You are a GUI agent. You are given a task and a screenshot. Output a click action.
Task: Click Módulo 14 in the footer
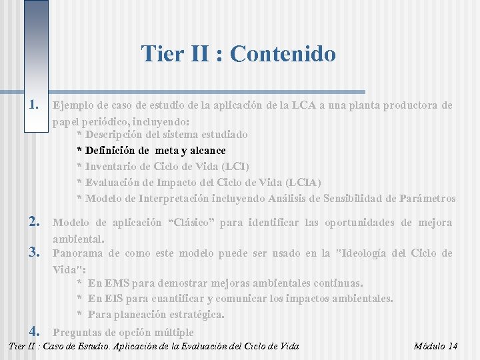[435, 346]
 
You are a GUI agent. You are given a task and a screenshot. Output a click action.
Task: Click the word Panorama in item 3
[77, 253]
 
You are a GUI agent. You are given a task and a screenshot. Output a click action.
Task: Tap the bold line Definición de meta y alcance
[151, 150]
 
